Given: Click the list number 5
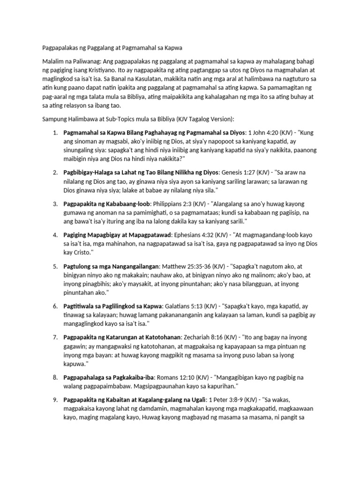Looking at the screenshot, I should pos(55,266).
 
